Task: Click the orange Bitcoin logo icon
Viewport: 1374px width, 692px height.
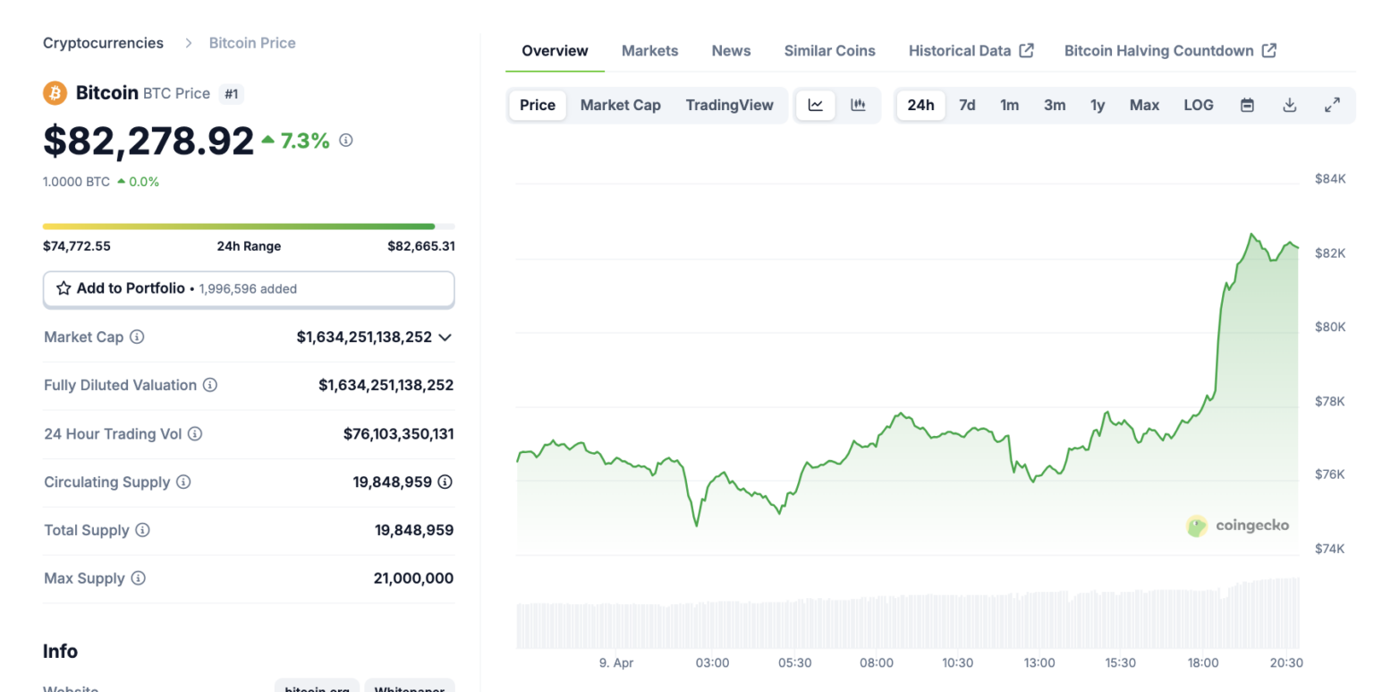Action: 55,92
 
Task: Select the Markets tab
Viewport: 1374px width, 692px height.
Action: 649,51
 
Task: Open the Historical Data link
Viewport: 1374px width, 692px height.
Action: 971,51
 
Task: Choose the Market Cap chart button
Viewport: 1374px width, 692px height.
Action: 620,105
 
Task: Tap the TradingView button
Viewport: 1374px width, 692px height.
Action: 729,105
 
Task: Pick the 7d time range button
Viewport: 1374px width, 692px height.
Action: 967,105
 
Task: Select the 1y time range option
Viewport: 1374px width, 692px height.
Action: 1098,105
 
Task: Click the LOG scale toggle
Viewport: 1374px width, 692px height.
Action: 1198,105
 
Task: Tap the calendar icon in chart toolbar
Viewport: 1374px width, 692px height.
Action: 1247,105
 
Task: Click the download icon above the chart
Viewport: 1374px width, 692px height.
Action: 1289,105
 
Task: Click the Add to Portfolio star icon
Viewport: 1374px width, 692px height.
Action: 64,288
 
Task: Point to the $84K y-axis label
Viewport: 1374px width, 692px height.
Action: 1329,179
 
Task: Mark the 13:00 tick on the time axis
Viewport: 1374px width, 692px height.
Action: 1039,663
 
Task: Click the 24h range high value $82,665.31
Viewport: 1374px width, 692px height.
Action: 420,246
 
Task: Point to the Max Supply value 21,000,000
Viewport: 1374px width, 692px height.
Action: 413,578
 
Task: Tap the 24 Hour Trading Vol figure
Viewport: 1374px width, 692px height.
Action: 398,434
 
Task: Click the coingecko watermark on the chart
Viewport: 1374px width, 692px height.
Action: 1238,525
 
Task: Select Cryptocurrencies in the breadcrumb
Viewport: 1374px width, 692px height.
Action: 103,43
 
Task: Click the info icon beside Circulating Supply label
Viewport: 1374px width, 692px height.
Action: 183,482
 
